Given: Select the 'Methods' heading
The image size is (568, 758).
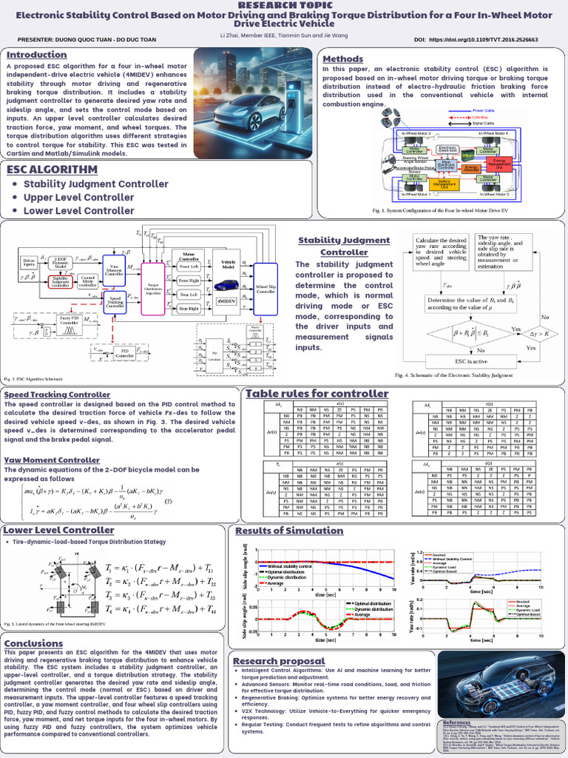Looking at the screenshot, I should click(x=342, y=59).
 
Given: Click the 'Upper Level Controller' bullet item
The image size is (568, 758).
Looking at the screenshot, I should click(x=68, y=198).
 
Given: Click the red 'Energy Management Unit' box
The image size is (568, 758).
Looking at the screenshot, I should click(x=500, y=163).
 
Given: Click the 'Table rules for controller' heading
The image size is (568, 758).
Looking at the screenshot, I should click(x=317, y=394).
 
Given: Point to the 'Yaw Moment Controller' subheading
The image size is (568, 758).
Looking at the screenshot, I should click(x=53, y=460).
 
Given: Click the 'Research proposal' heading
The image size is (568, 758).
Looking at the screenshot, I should click(x=277, y=660).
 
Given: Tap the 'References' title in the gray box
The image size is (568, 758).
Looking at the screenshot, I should click(x=456, y=721).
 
